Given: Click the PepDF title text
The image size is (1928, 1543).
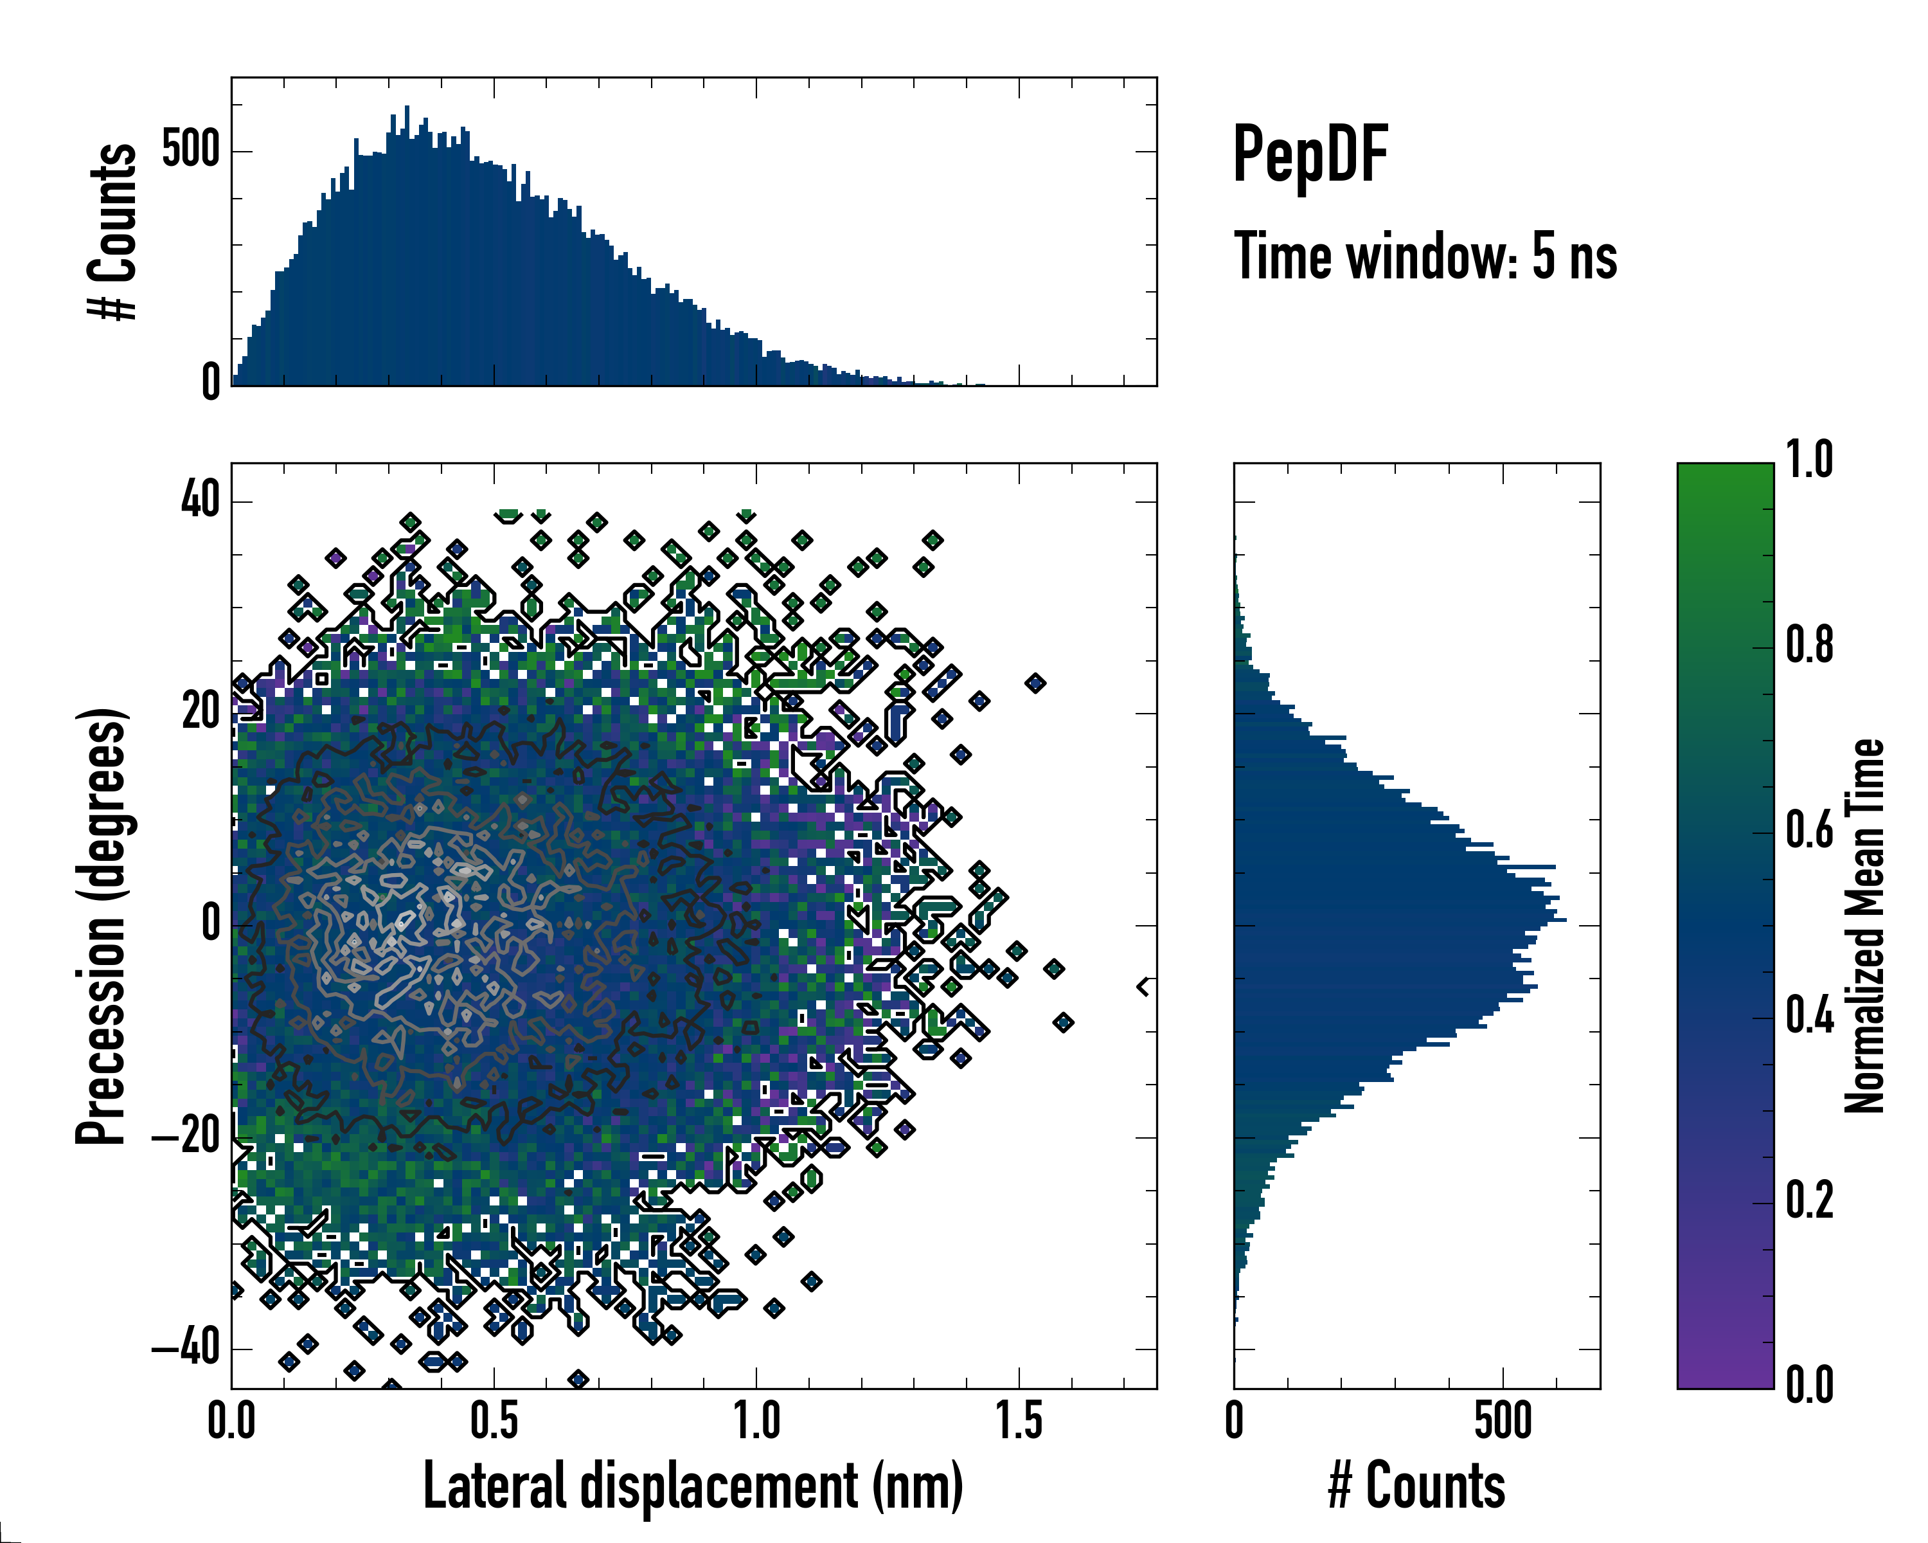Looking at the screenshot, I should pyautogui.click(x=1310, y=156).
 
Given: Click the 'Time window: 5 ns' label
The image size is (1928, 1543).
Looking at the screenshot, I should pyautogui.click(x=1425, y=257).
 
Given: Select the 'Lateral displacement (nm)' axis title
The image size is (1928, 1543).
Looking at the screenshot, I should pyautogui.click(x=693, y=1486).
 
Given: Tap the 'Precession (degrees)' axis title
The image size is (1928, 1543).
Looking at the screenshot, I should pyautogui.click(x=101, y=926).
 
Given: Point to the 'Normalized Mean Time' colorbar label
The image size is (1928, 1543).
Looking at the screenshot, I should pyautogui.click(x=1864, y=926).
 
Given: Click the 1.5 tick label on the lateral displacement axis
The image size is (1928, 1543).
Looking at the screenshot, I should pyautogui.click(x=1019, y=1420).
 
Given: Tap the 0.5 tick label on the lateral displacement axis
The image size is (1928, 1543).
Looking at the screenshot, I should pyautogui.click(x=494, y=1420).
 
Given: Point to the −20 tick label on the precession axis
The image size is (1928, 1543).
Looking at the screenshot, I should pyautogui.click(x=186, y=1137).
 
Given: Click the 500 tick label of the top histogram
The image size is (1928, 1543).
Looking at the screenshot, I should pyautogui.click(x=190, y=149).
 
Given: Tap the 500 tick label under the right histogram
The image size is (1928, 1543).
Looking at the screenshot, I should pyautogui.click(x=1503, y=1420).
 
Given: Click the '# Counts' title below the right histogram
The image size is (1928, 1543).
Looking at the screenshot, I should pyautogui.click(x=1416, y=1486).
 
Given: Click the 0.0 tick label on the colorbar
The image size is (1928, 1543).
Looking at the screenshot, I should pyautogui.click(x=1809, y=1385).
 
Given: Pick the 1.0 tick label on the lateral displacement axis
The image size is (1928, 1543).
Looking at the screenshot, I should pyautogui.click(x=756, y=1420).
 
